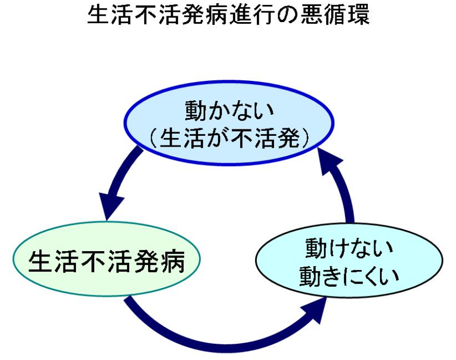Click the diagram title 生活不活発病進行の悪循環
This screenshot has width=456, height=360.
tap(228, 16)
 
